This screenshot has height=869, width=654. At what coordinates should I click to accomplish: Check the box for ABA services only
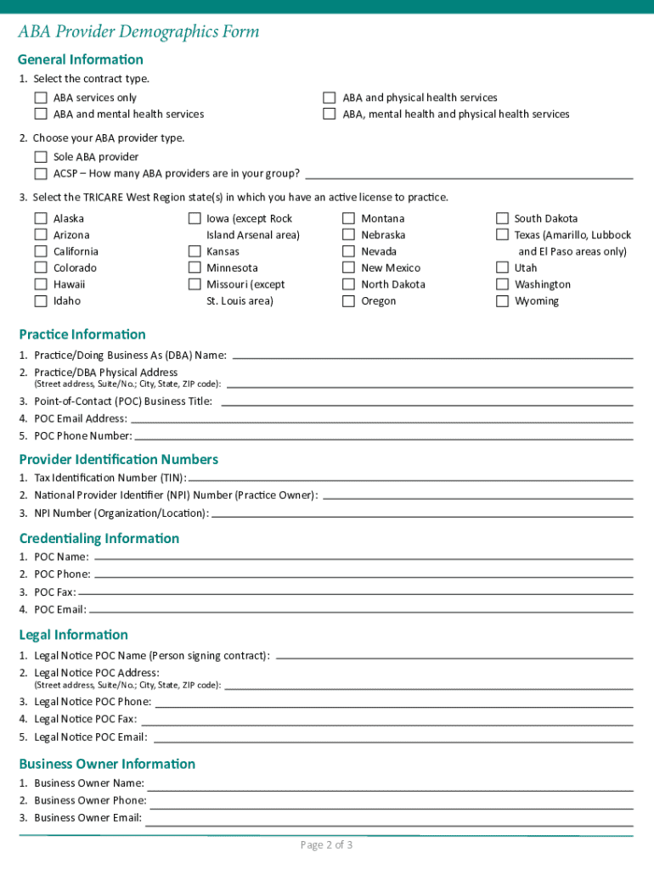41,98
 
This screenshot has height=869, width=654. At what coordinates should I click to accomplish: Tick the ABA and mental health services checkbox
41,114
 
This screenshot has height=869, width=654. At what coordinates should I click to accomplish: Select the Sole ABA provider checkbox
41,157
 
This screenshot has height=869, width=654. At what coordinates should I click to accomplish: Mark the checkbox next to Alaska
41,219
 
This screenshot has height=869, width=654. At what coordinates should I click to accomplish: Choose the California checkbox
41,251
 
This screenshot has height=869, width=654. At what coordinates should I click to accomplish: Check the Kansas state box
195,251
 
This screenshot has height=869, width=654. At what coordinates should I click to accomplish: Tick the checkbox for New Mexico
348,268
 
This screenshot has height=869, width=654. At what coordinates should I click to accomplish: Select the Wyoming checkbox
502,301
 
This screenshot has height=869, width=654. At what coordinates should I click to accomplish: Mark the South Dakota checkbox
502,219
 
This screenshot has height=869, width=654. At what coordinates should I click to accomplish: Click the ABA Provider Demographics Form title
138,32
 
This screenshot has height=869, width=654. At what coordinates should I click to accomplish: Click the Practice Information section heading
82,334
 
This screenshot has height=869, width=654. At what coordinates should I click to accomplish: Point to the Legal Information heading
73,635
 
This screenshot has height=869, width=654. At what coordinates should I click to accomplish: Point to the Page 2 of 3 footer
326,844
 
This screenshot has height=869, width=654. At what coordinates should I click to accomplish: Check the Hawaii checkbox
41,284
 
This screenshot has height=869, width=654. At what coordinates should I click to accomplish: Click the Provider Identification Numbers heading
118,459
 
